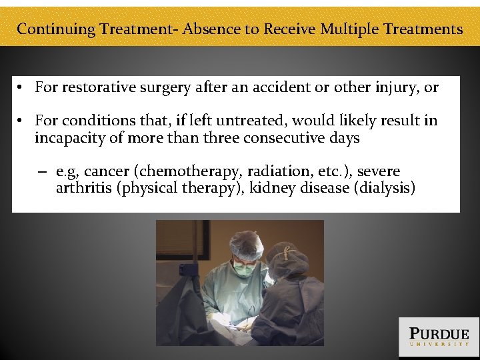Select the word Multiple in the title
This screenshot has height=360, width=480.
pyautogui.click(x=351, y=29)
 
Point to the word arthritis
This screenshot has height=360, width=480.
pyautogui.click(x=84, y=188)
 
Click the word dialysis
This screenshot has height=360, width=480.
pyautogui.click(x=386, y=188)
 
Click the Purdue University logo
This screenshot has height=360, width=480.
pyautogui.click(x=439, y=337)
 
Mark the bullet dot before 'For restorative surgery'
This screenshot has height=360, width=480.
pyautogui.click(x=21, y=87)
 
